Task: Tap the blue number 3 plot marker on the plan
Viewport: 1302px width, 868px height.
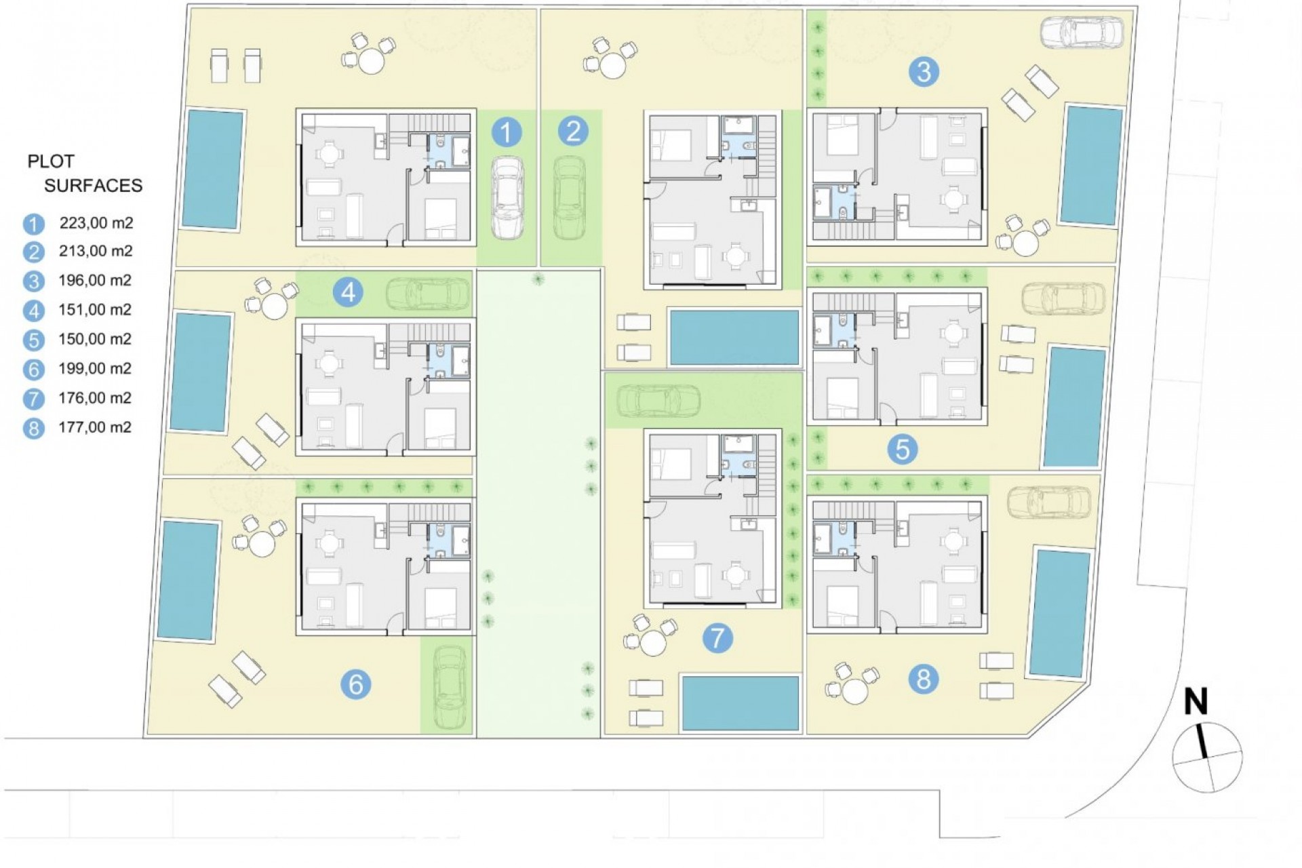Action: [x=923, y=72]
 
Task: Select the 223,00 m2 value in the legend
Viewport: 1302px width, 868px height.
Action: [x=96, y=222]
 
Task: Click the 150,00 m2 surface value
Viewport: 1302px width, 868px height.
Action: [x=96, y=339]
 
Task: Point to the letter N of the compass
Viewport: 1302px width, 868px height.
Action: [x=1196, y=703]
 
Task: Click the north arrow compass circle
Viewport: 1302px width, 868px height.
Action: [x=1208, y=757]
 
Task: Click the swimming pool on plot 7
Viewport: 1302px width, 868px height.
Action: [x=741, y=703]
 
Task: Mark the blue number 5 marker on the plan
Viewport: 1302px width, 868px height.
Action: [x=902, y=450]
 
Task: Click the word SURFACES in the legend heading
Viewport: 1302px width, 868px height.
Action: [x=94, y=186]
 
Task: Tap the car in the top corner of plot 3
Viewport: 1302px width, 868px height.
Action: [x=1082, y=33]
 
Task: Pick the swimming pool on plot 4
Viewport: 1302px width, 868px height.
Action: [x=201, y=372]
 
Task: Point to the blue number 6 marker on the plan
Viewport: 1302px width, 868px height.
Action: [x=355, y=684]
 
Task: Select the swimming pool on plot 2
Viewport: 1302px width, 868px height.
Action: [x=734, y=337]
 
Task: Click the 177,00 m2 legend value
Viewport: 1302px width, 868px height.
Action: [x=96, y=427]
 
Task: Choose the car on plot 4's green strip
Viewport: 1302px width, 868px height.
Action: [x=427, y=293]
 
